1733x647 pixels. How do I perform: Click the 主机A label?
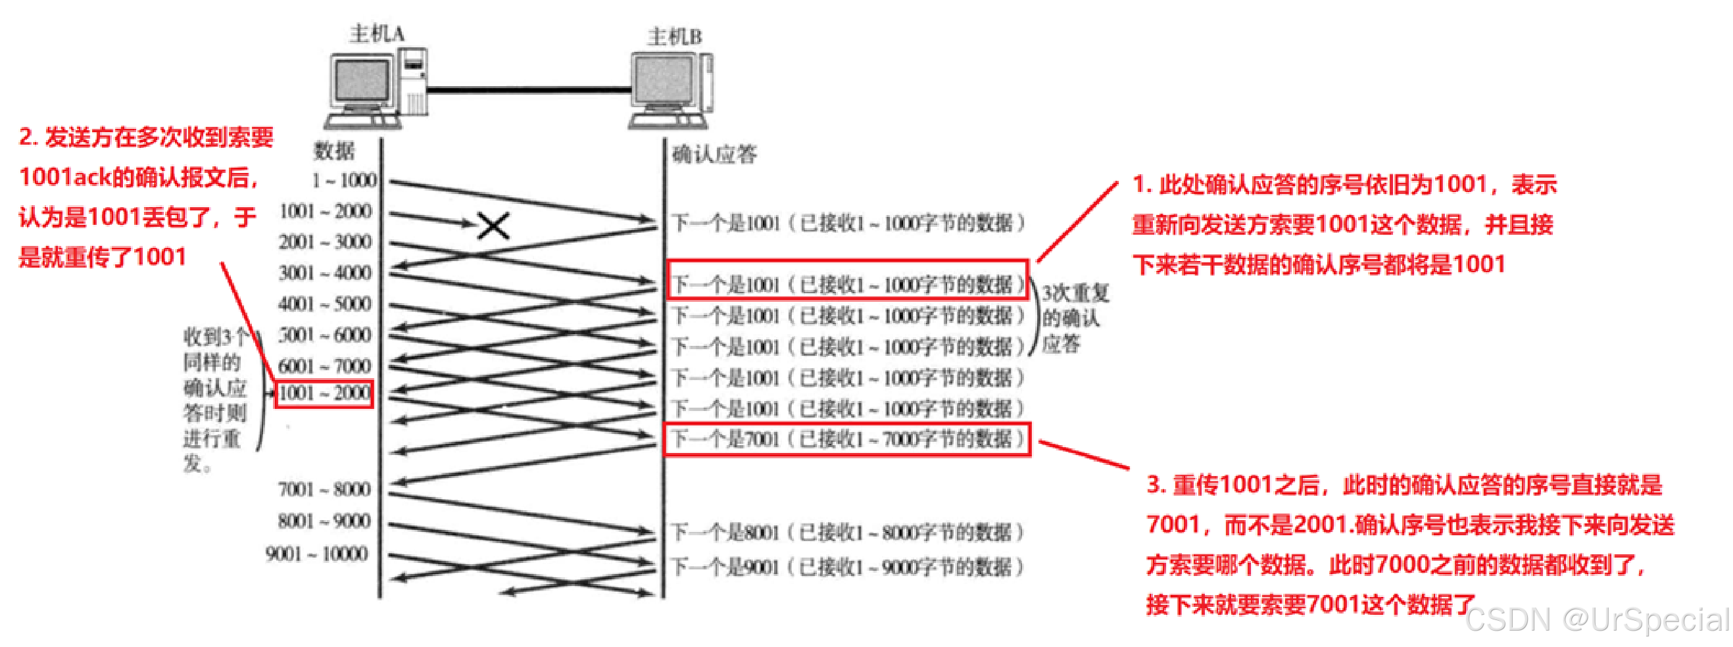pos(377,33)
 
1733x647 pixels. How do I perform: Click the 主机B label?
pos(674,36)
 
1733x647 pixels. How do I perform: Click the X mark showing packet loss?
pos(493,226)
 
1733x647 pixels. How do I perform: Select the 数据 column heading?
pos(333,151)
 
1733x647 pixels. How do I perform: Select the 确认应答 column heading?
pos(714,155)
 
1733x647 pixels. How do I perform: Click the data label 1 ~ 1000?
pos(344,180)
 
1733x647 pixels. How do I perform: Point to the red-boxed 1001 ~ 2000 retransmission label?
pos(324,393)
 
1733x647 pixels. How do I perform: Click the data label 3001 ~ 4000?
pos(325,272)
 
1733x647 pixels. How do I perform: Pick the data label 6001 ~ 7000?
pos(324,366)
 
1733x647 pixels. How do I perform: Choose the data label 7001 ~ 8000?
pos(324,489)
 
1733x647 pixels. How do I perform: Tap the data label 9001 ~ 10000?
pos(317,554)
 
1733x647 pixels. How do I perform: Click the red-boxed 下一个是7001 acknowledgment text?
pos(847,440)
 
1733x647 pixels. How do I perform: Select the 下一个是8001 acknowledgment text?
pos(847,533)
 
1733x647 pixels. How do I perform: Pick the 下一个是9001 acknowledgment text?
pos(847,567)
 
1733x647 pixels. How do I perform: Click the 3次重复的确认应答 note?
pos(1075,318)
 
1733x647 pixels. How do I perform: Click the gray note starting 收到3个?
pos(214,400)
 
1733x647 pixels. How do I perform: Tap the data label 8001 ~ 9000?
pos(324,521)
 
